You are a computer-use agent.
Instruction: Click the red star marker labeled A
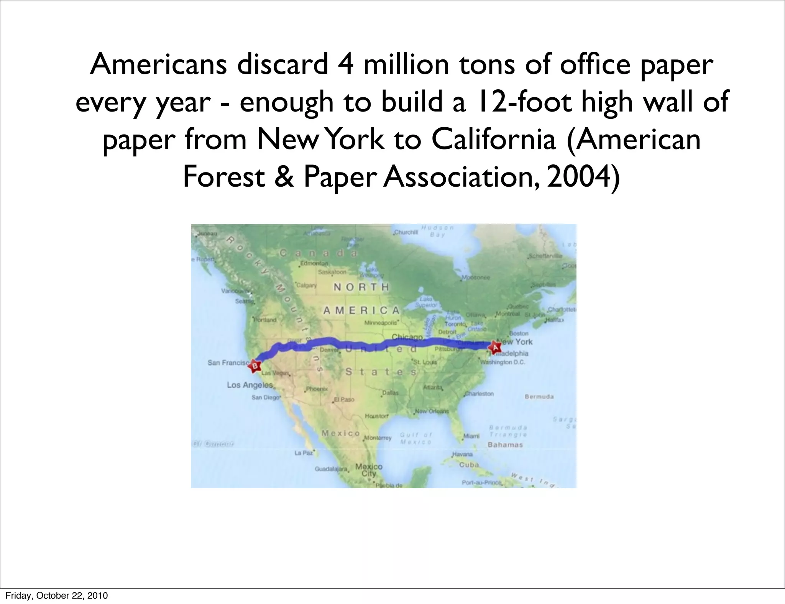(x=494, y=348)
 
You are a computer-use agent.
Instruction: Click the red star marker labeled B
(x=254, y=366)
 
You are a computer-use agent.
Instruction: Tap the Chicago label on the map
(x=407, y=337)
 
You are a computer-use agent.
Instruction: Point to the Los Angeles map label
(x=250, y=385)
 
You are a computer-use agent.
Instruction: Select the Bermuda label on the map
(x=539, y=397)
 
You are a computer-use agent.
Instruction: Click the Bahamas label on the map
(x=505, y=445)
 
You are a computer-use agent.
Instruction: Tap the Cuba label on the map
(x=469, y=464)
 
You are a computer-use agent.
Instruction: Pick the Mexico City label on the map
(x=369, y=470)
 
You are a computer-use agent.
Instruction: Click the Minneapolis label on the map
(x=380, y=323)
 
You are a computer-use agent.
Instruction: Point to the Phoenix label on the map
(x=317, y=389)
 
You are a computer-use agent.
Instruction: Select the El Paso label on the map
(x=344, y=399)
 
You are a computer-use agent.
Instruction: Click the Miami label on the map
(x=471, y=436)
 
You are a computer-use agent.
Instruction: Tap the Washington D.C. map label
(x=503, y=362)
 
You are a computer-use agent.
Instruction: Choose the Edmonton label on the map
(x=314, y=263)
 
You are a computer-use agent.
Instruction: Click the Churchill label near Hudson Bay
(x=406, y=232)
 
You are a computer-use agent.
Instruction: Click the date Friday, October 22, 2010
(x=56, y=596)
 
